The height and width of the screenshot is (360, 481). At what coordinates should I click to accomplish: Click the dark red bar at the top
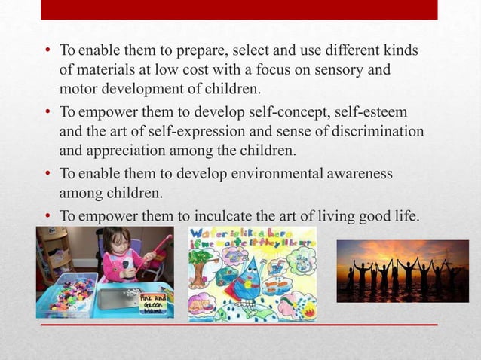(239, 10)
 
